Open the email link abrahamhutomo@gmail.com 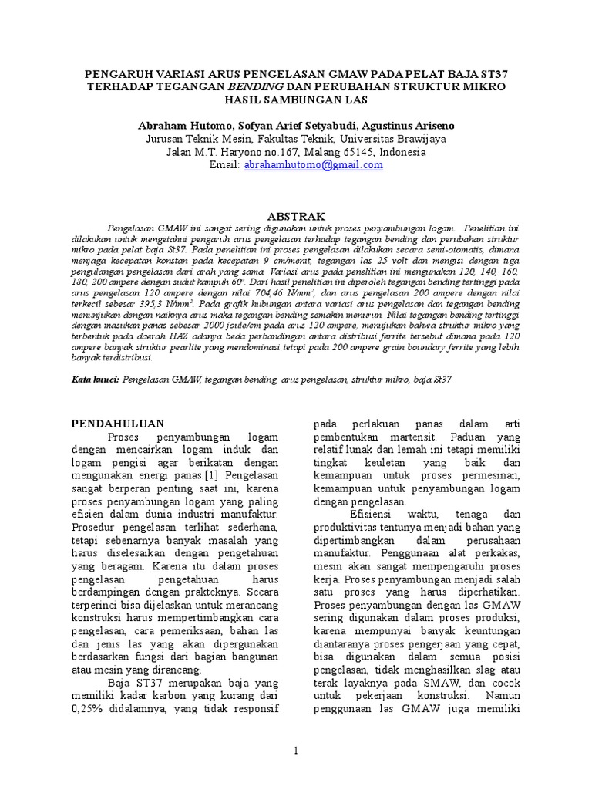(x=313, y=165)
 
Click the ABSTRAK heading (x=295, y=216)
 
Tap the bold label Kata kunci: (x=96, y=380)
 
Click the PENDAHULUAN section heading (x=118, y=424)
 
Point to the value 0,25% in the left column (x=89, y=707)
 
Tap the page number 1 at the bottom (x=295, y=751)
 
